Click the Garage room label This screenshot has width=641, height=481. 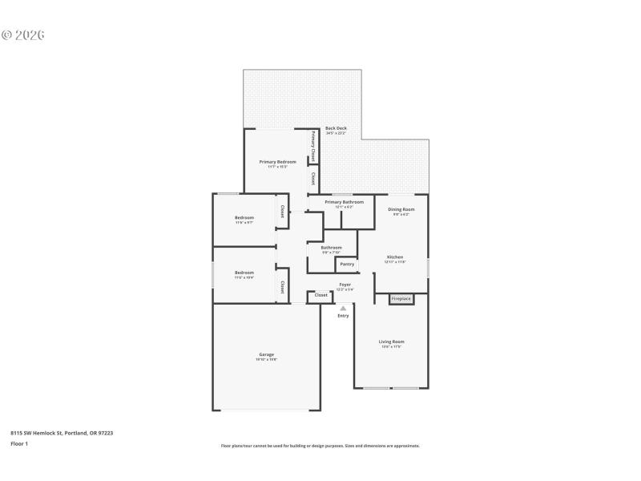coord(266,354)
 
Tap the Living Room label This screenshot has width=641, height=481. coord(391,342)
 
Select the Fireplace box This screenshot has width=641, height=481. coord(401,299)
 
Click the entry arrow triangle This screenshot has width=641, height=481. coord(343,308)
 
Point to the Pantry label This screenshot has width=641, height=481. coord(347,264)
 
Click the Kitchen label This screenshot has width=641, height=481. coord(395,257)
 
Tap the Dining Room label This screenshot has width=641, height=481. coord(401,209)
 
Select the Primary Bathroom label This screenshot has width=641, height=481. coord(344,202)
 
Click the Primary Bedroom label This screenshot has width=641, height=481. coord(277,162)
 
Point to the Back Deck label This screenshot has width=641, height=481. coord(336,128)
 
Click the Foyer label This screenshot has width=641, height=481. coord(345,285)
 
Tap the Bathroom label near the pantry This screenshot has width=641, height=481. coord(331,248)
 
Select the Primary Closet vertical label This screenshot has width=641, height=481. coord(312,145)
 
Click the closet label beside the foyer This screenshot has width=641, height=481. coord(320,295)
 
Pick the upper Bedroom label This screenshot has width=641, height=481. coord(244,218)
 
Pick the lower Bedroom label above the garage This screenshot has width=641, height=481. coord(244,273)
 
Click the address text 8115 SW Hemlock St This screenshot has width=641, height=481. coord(61,433)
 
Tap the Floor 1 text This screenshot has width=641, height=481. coord(19,443)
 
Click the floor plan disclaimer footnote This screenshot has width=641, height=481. coord(320,446)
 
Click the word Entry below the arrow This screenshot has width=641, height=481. coord(343,316)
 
